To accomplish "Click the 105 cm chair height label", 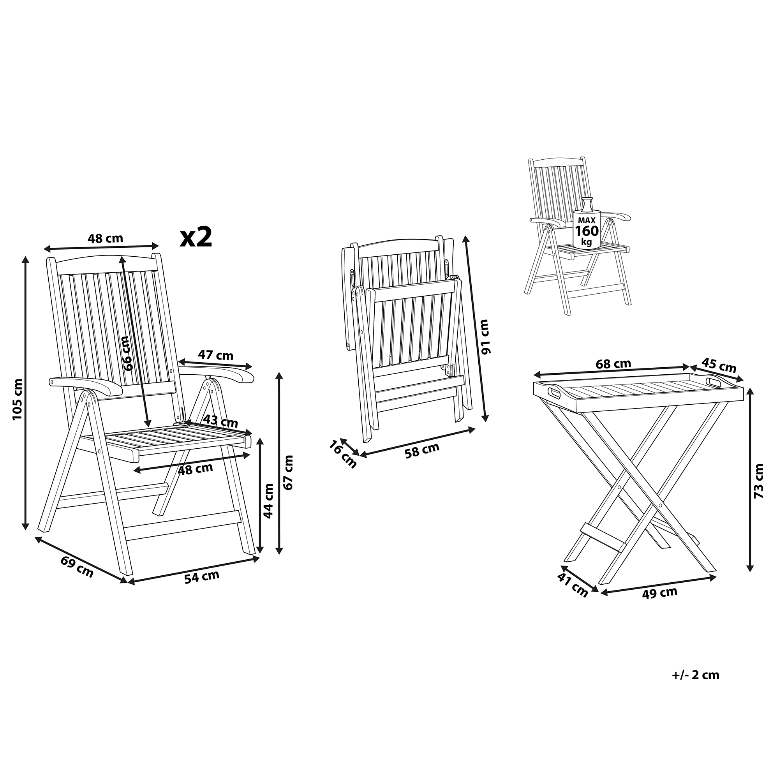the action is (18, 399).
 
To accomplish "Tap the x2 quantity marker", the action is (196, 237).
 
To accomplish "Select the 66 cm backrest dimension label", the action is (126, 353).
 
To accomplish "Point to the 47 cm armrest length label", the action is (216, 355).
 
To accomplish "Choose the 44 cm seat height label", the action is (268, 501).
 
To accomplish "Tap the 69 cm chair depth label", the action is (77, 566).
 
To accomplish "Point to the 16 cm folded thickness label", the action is (343, 455).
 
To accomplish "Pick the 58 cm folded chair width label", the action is (422, 450).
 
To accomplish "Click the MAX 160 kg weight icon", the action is (587, 222).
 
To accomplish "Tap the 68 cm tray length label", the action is (613, 364).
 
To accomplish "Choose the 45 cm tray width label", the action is (719, 365).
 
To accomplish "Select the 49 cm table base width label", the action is (660, 593).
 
